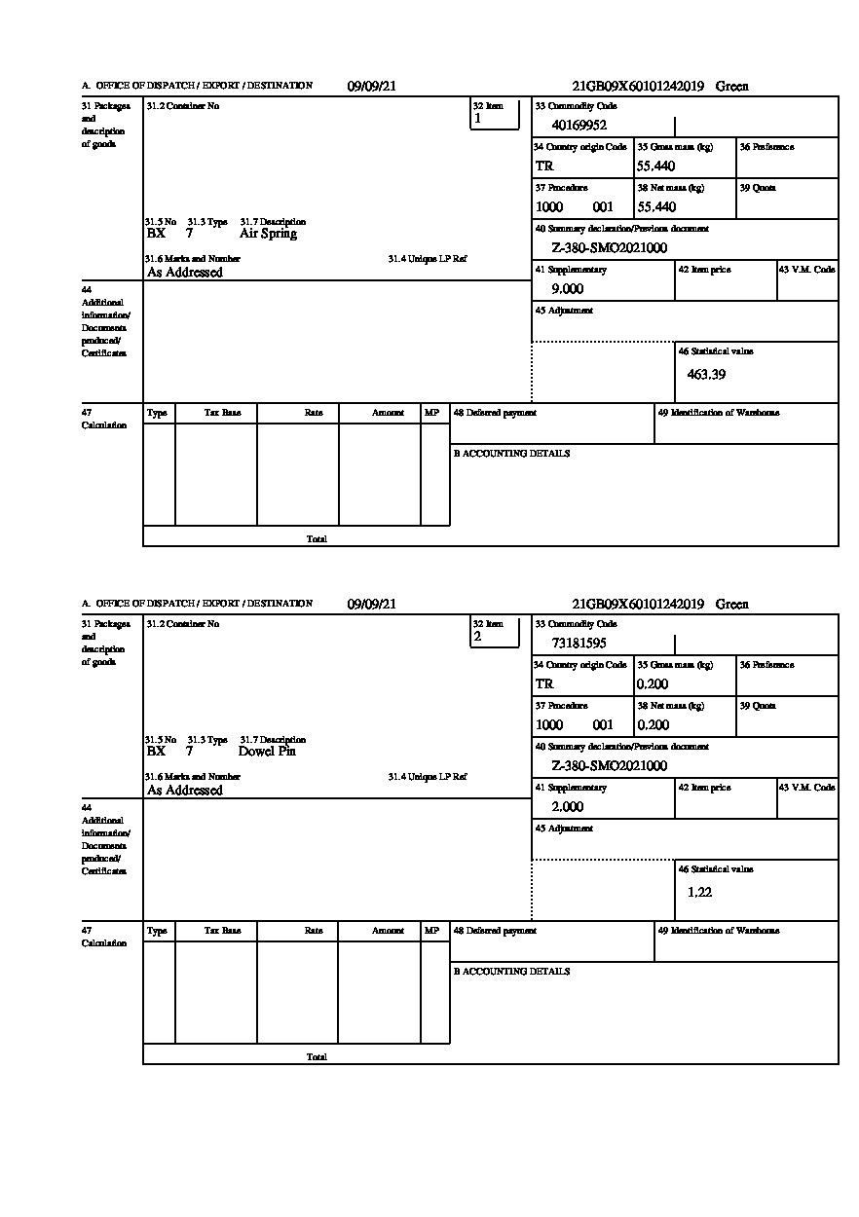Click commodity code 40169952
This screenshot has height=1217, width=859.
coord(579,125)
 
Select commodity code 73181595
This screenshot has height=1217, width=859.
coord(579,643)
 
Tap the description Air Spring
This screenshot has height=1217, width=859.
coord(268,234)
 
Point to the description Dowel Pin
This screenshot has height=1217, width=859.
coord(267,752)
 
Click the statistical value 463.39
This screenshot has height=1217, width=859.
coord(706,374)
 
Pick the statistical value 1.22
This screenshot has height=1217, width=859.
coord(699,892)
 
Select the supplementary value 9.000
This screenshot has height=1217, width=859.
coord(567,289)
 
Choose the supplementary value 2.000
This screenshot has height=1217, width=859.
coord(567,807)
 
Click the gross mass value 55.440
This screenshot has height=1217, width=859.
coord(655,166)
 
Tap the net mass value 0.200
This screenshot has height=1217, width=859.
coord(653,725)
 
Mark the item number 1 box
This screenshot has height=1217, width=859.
coord(495,115)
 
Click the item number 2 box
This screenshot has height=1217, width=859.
coord(495,633)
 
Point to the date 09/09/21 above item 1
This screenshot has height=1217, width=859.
coord(372,87)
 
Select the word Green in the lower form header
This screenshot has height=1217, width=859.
coord(732,605)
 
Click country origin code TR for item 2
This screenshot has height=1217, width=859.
coord(544,684)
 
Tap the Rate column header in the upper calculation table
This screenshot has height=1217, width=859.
coord(314,413)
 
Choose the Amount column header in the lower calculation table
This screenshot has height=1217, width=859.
coord(388,931)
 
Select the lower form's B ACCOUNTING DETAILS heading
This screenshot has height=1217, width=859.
coord(511,972)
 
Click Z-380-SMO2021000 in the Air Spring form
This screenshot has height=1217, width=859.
coord(609,248)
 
